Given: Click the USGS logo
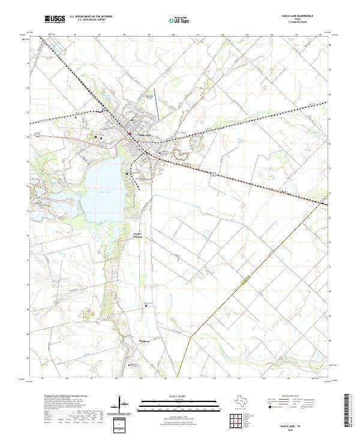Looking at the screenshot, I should tap(53, 19).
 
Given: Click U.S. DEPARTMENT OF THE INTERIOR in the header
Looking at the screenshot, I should tap(91, 17).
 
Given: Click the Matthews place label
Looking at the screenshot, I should tap(145, 341).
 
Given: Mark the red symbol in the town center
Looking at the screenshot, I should tap(129, 133).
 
